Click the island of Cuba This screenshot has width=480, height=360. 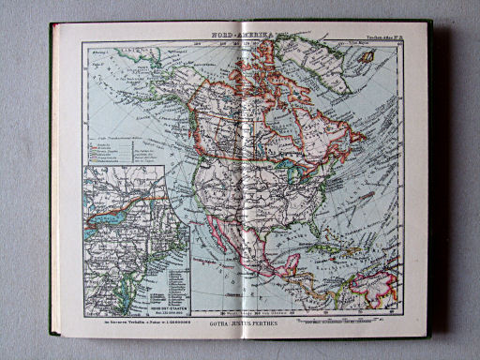(x=328, y=247)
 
